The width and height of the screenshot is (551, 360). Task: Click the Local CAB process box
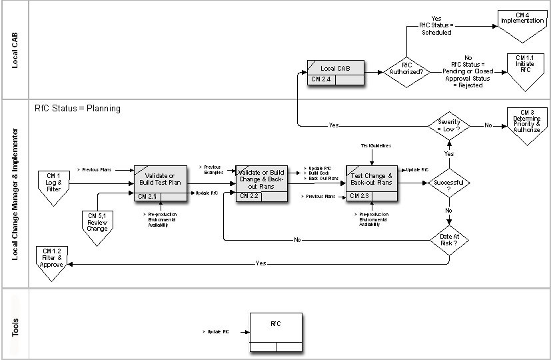tap(336, 69)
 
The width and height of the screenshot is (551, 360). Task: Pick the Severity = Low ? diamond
tap(448, 125)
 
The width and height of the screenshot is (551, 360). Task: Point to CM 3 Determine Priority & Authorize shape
tap(526, 123)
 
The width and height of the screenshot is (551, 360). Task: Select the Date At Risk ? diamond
tap(448, 239)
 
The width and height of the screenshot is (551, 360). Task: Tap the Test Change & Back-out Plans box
tap(372, 179)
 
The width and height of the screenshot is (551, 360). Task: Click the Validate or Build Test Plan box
tap(161, 179)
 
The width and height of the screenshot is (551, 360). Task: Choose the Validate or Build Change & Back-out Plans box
tap(262, 179)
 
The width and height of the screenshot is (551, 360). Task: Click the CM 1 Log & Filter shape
tap(54, 183)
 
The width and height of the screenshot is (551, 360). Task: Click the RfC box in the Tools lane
tap(275, 327)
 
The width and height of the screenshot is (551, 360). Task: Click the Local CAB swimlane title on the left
tap(15, 51)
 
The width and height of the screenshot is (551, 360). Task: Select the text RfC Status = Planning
tap(77, 109)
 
